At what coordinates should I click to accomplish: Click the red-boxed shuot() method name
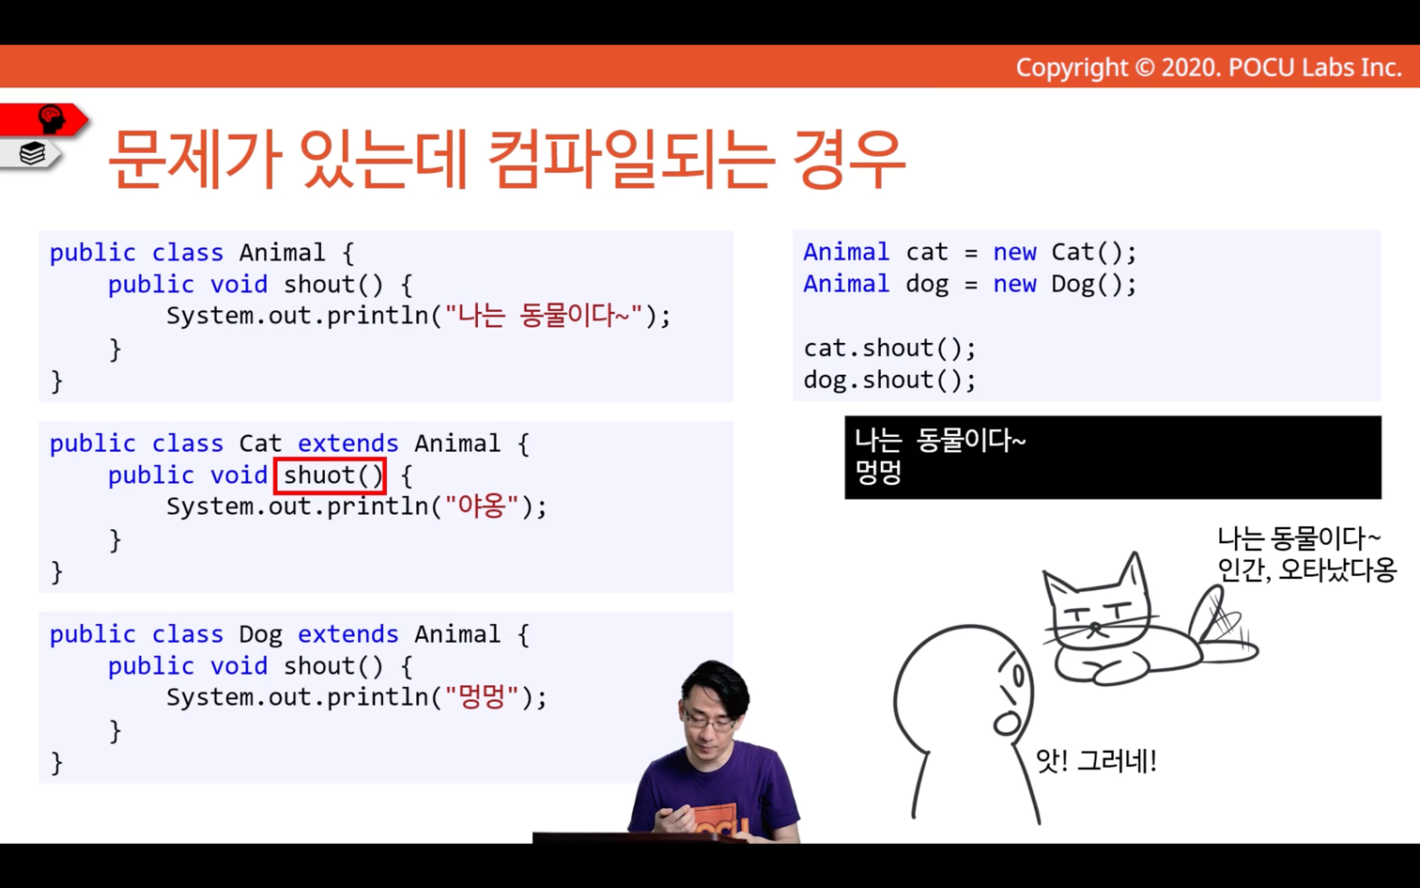tap(330, 475)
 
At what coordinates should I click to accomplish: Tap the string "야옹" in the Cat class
tap(482, 506)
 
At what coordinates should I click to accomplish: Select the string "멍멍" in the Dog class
tap(482, 697)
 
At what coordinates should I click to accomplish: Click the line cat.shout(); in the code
tap(889, 349)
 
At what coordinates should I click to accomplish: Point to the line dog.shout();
tap(889, 380)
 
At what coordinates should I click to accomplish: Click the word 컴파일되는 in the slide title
tap(631, 159)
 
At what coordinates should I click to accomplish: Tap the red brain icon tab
tap(44, 119)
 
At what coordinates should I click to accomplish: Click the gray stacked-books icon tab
tap(32, 153)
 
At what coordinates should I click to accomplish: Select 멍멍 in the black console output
tap(878, 473)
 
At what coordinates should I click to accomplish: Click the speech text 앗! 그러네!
tap(1096, 760)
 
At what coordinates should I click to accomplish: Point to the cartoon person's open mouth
tap(1006, 724)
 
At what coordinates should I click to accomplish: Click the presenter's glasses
tap(711, 721)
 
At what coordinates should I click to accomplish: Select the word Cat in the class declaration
tap(260, 444)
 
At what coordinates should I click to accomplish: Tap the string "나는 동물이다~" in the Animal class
tap(544, 315)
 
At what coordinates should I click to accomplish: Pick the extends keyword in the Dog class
tap(348, 634)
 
